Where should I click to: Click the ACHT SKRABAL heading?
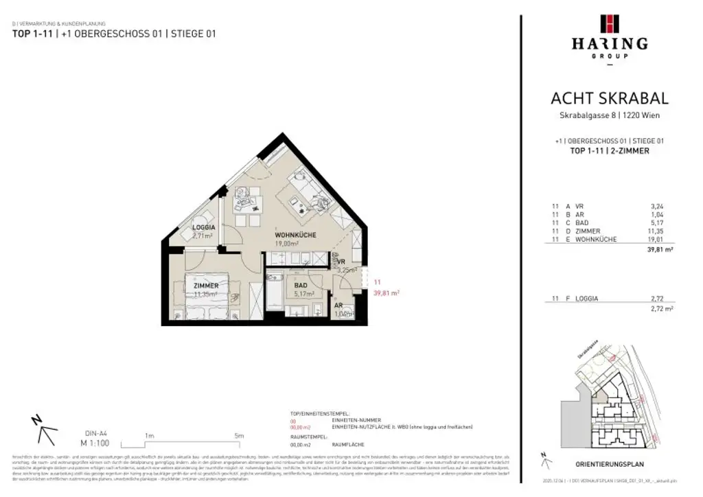point(609,99)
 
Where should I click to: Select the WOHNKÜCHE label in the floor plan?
point(295,235)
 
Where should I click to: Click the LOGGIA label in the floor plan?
point(204,227)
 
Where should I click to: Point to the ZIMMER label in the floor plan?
point(206,286)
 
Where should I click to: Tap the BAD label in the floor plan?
point(301,286)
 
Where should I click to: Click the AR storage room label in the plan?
point(338,305)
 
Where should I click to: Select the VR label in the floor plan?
point(341,262)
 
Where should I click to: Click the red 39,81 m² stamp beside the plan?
point(386,292)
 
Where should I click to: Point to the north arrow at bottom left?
point(43,430)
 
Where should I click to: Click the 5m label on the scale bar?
point(238,435)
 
